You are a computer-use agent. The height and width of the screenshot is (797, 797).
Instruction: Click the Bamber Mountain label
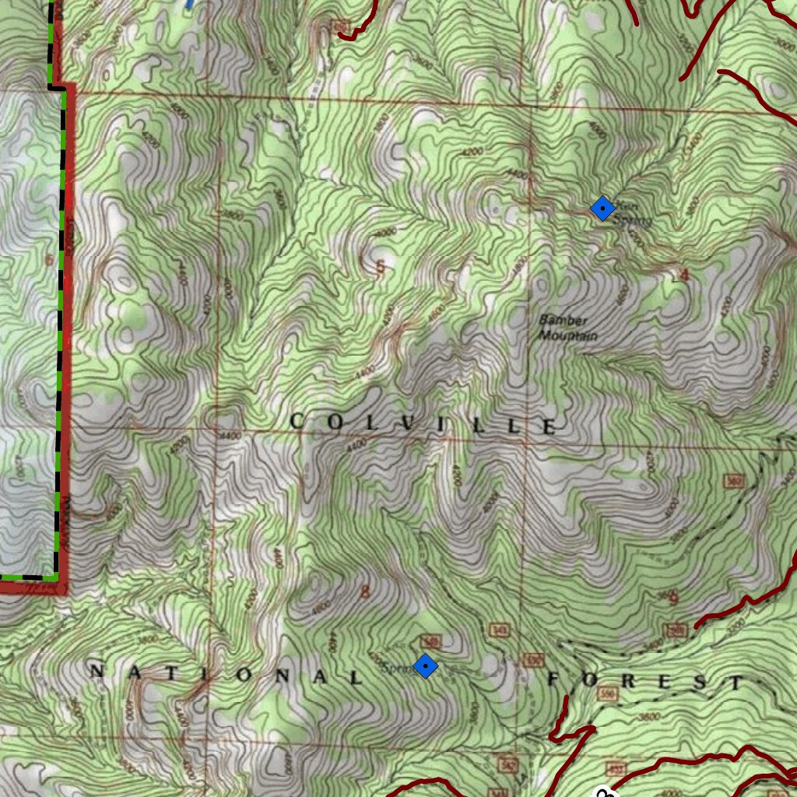(567, 328)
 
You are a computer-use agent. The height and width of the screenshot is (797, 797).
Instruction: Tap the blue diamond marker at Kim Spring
(603, 209)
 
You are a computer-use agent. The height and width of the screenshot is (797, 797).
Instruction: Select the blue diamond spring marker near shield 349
(425, 666)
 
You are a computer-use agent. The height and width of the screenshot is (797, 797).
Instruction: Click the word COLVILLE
(424, 424)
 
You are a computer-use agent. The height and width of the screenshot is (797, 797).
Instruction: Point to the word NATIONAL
(226, 675)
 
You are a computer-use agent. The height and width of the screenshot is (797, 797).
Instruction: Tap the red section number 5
(381, 269)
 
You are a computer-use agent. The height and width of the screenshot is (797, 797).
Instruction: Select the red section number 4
(685, 275)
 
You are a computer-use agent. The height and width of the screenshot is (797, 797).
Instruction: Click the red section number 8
(365, 592)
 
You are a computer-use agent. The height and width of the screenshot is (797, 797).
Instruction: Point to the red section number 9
(673, 598)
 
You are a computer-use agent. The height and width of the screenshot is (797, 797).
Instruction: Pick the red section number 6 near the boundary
(49, 259)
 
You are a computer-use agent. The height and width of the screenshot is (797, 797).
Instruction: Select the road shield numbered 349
(430, 641)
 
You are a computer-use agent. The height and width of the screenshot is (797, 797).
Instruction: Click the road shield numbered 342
(508, 764)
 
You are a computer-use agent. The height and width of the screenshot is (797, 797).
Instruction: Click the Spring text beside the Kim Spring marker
(632, 220)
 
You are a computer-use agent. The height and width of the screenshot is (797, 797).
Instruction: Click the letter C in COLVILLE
(297, 422)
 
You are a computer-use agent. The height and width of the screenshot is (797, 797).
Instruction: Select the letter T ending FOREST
(736, 683)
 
